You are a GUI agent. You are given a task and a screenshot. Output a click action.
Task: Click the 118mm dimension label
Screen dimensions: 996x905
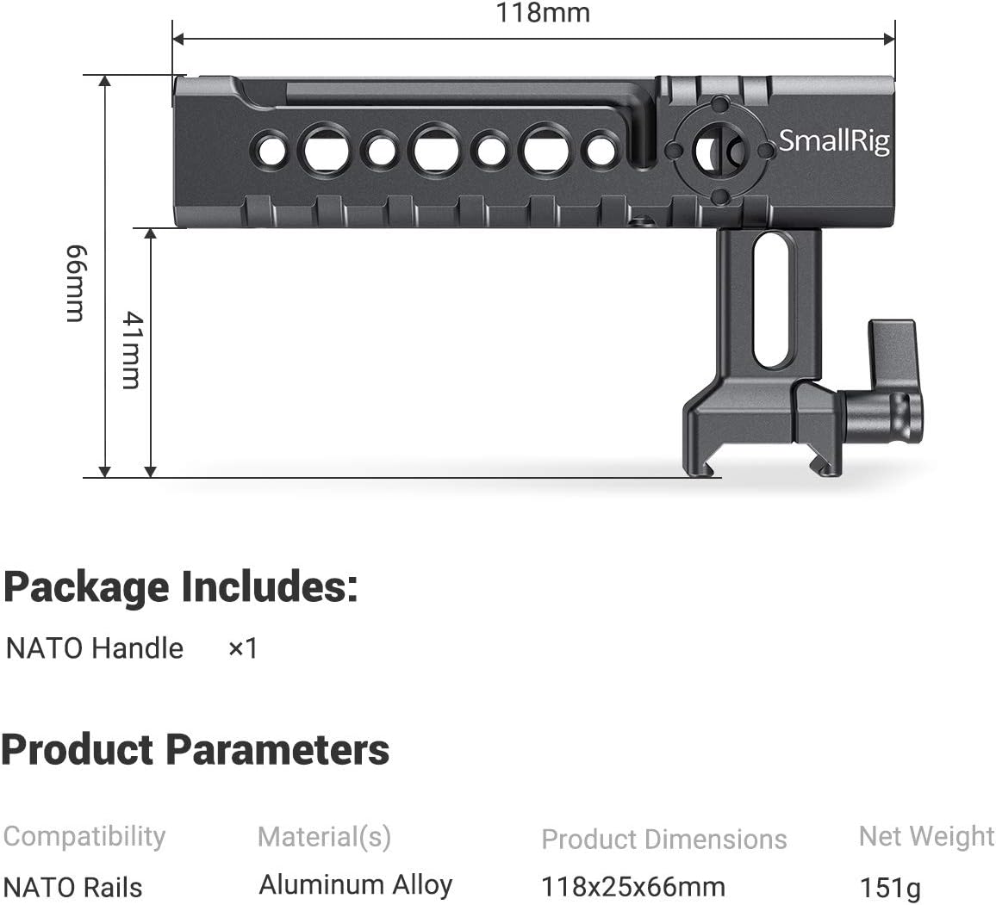(x=543, y=13)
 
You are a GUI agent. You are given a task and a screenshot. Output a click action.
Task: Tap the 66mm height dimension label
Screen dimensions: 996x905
(x=75, y=283)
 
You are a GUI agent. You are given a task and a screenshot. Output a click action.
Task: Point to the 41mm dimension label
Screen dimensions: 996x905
(x=132, y=350)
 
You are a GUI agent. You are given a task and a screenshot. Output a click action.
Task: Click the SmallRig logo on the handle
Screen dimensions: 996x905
(x=834, y=141)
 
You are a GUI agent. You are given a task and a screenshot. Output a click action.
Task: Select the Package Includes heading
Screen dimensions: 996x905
(x=180, y=587)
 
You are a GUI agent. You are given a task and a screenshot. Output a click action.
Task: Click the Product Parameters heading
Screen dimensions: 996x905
(x=195, y=749)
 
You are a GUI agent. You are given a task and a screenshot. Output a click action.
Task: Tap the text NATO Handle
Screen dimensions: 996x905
(x=95, y=648)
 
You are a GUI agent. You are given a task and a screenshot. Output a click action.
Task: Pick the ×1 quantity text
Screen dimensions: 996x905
(x=243, y=648)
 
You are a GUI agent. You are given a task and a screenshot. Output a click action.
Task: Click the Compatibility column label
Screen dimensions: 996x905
(x=84, y=837)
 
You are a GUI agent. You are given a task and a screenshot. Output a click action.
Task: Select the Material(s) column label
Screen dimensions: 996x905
(x=324, y=837)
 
